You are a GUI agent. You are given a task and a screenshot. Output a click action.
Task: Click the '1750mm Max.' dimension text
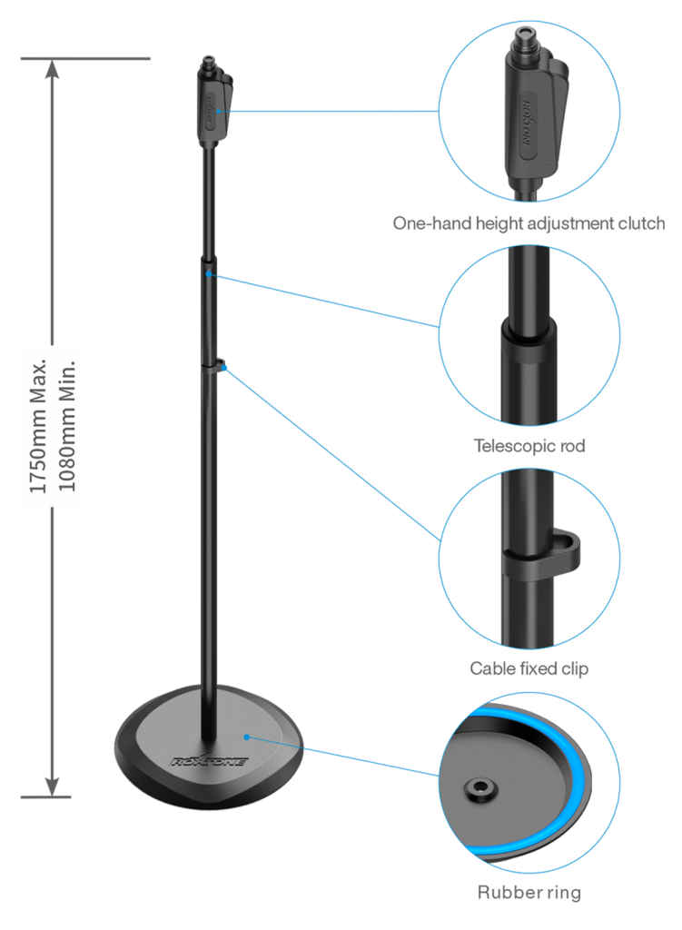37,426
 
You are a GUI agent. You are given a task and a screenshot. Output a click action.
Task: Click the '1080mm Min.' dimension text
66,426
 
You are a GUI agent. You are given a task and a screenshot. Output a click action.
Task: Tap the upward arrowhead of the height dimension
52,69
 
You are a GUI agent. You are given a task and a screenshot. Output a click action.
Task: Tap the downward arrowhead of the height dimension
52,786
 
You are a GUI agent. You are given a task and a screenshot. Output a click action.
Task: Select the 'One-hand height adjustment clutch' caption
529,223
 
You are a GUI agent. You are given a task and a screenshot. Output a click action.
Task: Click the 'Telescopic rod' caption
529,446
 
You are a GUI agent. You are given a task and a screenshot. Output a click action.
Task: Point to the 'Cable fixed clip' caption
529,668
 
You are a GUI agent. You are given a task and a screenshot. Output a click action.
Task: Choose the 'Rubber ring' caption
529,892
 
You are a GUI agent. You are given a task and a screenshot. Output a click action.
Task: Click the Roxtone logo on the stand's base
208,761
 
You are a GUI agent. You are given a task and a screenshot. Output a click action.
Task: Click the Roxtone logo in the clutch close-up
528,124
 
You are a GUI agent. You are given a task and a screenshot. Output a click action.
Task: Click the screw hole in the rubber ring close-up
479,789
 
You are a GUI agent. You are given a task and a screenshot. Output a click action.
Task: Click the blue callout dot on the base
247,737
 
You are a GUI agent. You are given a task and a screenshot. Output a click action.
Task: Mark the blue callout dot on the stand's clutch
219,111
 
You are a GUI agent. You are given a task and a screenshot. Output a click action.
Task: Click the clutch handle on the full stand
214,107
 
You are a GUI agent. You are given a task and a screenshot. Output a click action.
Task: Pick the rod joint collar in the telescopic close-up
529,341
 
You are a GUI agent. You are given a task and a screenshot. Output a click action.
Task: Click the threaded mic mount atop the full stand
208,63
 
